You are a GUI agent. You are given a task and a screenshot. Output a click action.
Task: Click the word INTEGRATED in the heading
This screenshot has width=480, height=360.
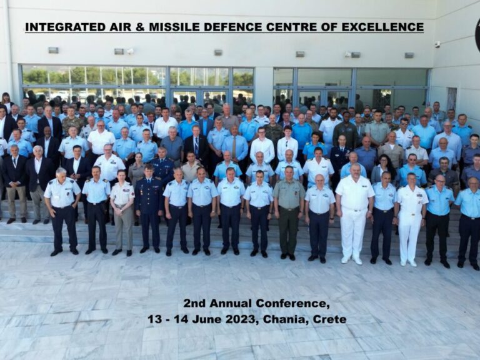tap(65, 27)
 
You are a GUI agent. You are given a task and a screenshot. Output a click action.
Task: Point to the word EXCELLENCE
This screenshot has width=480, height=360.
tap(382, 27)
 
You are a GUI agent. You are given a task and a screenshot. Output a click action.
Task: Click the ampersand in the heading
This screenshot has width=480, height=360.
tap(140, 27)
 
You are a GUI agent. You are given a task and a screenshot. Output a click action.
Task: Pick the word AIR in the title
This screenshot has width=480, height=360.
tap(121, 27)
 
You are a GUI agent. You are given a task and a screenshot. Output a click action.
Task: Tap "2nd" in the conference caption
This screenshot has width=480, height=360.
tap(194, 303)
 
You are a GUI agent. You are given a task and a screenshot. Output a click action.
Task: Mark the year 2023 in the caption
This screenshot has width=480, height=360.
tap(240, 319)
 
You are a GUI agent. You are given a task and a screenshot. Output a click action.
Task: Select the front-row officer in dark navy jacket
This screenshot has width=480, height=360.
tap(148, 208)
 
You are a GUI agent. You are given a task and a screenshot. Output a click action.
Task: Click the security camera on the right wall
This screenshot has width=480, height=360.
tap(437, 45)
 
